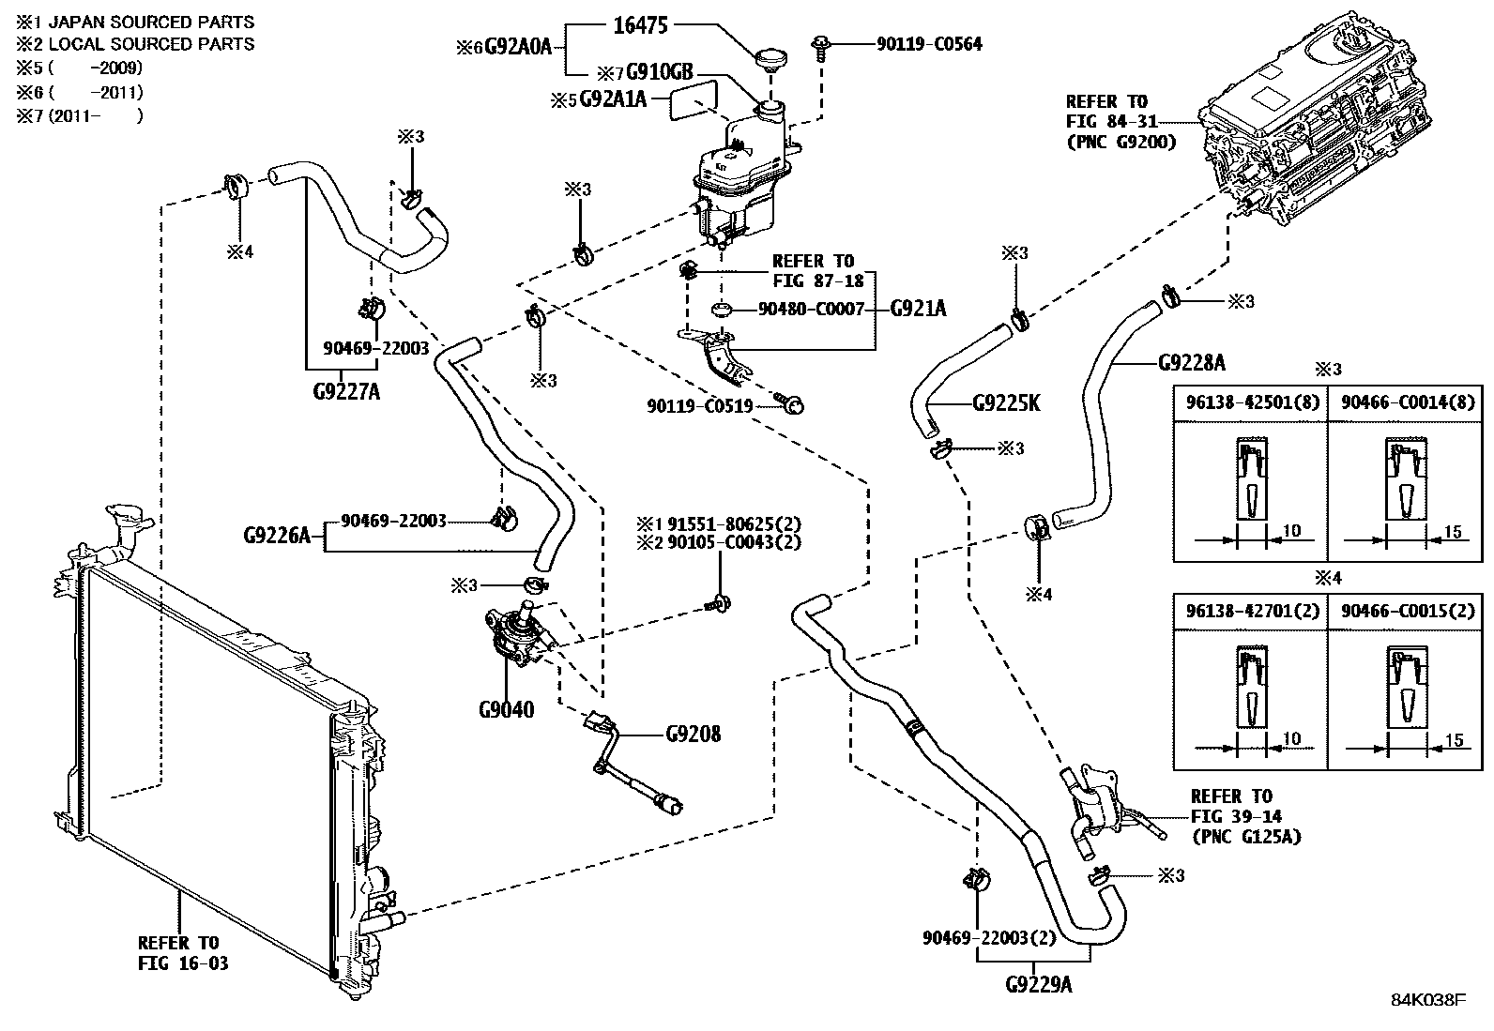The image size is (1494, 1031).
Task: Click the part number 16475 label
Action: (x=640, y=25)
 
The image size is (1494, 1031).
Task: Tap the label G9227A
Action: (x=346, y=392)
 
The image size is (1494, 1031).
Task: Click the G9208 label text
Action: (x=694, y=734)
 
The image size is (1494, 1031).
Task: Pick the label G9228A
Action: (x=1192, y=362)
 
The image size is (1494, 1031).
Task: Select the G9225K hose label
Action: (x=1006, y=403)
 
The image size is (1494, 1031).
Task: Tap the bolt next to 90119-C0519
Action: (x=792, y=405)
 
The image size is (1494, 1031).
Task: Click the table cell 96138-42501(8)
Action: (x=1249, y=402)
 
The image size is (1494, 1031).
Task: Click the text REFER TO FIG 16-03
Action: (x=183, y=952)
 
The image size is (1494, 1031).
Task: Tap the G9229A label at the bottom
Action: (x=1038, y=985)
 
